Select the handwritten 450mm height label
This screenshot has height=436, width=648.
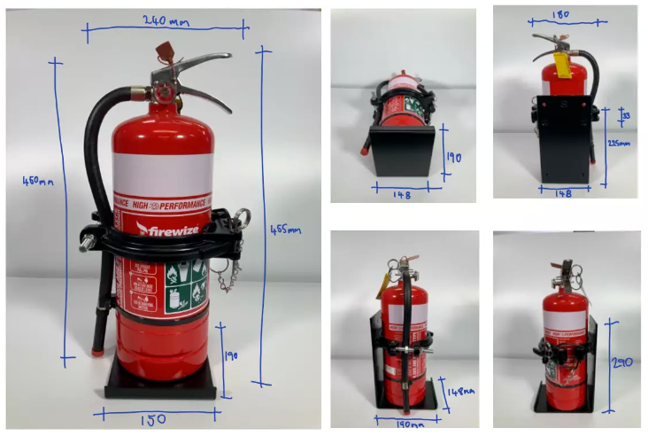point(38,183)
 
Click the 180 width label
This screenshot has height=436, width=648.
point(559,16)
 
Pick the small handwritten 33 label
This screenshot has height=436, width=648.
point(626,116)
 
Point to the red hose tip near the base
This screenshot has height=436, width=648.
point(97,352)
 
